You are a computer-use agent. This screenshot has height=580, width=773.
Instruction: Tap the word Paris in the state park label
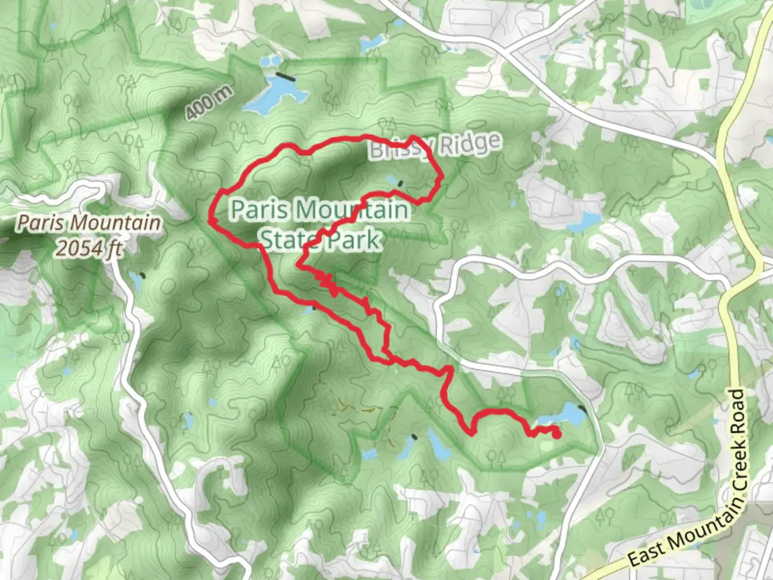[x=257, y=209]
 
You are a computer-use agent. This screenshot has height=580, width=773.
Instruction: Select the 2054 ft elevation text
[x=89, y=248]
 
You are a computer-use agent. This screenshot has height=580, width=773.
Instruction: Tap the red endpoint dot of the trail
[x=556, y=434]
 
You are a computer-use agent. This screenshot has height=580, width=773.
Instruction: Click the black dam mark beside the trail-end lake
[x=583, y=411]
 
